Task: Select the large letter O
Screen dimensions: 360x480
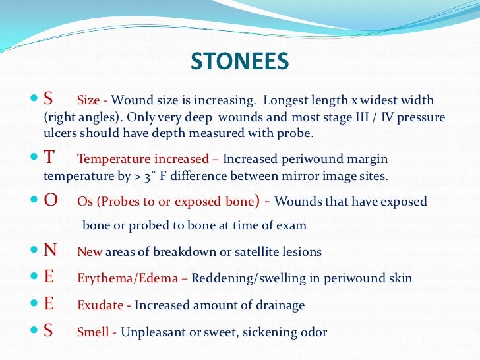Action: tap(50, 202)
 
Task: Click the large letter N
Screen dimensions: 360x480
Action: tap(50, 251)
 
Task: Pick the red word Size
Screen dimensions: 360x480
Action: tap(88, 101)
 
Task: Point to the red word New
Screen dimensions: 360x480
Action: tap(89, 252)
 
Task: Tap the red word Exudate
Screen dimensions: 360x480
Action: tap(102, 305)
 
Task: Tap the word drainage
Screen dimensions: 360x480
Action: tap(280, 305)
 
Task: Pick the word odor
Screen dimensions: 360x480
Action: tap(313, 332)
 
